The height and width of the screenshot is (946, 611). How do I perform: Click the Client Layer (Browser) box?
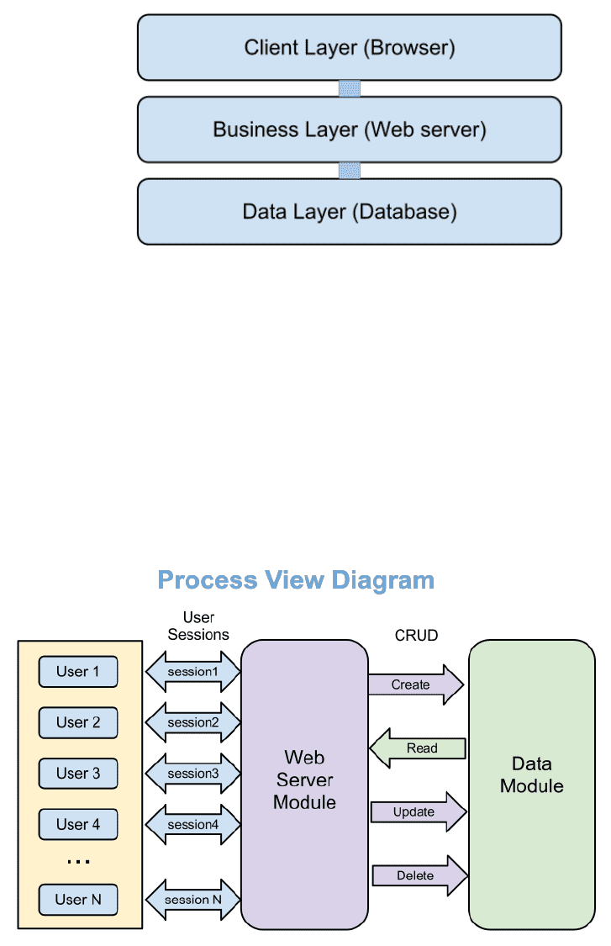349,48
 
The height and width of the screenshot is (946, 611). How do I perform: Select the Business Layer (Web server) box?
349,129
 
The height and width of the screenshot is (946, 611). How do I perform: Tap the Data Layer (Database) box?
349,211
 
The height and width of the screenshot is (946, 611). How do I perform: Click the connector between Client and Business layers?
350,88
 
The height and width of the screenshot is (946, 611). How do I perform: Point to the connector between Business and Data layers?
350,171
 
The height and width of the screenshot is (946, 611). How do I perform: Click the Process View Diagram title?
296,580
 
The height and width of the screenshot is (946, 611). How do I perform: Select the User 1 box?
78,672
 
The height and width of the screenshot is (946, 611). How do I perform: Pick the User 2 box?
78,722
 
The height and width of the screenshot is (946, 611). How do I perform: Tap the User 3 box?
78,774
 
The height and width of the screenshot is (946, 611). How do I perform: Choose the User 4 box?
78,824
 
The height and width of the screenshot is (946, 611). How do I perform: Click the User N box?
78,900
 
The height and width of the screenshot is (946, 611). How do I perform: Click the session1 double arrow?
193,672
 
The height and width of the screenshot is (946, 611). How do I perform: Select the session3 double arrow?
193,774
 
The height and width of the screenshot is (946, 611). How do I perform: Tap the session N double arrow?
193,900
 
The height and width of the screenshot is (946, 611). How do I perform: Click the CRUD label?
416,636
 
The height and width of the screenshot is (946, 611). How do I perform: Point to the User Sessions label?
198,626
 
